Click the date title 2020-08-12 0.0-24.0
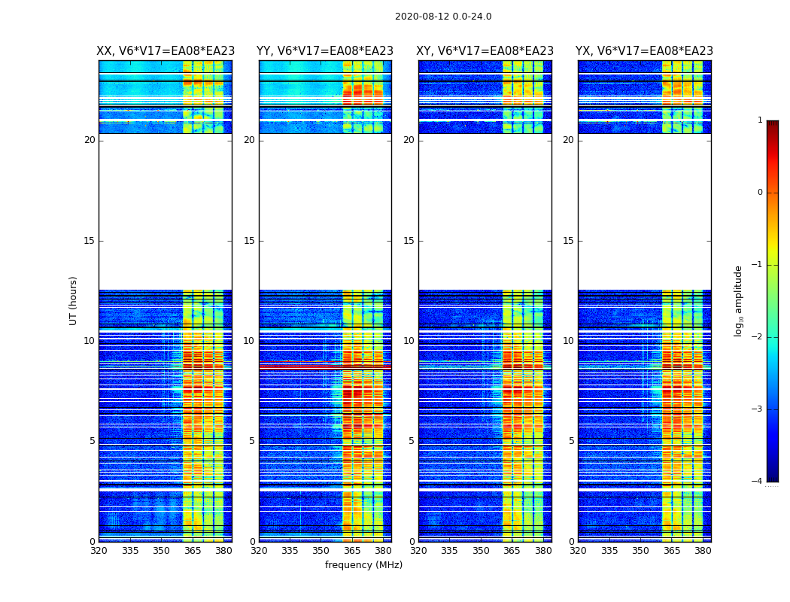click(443, 17)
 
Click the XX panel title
click(166, 51)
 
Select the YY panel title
click(325, 51)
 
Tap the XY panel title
click(485, 51)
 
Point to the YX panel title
click(644, 51)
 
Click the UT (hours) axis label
click(74, 300)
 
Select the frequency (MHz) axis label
click(363, 565)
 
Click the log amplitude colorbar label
click(739, 300)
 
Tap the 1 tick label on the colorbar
click(760, 120)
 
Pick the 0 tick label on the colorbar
click(760, 193)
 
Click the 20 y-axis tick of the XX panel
click(90, 140)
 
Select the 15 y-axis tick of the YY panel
click(249, 241)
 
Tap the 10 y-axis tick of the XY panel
click(409, 341)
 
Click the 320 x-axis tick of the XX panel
click(99, 551)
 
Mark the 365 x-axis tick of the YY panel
click(352, 551)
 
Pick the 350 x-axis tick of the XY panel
click(481, 551)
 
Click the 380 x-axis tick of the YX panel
click(703, 551)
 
